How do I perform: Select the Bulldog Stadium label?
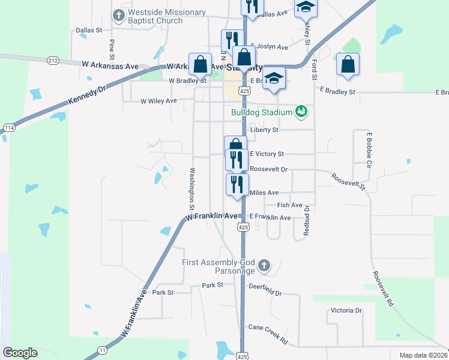tap(262, 112)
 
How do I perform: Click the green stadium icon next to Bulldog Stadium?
tap(301, 111)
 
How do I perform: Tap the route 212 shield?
tap(53, 60)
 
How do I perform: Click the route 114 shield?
tap(8, 128)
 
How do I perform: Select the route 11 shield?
tap(103, 349)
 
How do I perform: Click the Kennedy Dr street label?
tap(86, 95)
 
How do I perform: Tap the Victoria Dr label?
tap(346, 311)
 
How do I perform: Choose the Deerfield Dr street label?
tap(265, 290)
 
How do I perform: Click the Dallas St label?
tap(89, 29)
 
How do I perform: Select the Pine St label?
tap(112, 46)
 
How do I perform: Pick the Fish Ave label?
tap(289, 205)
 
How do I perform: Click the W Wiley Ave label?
tap(158, 101)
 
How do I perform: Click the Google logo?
tap(20, 353)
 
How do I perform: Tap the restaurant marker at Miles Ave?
tap(237, 184)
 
